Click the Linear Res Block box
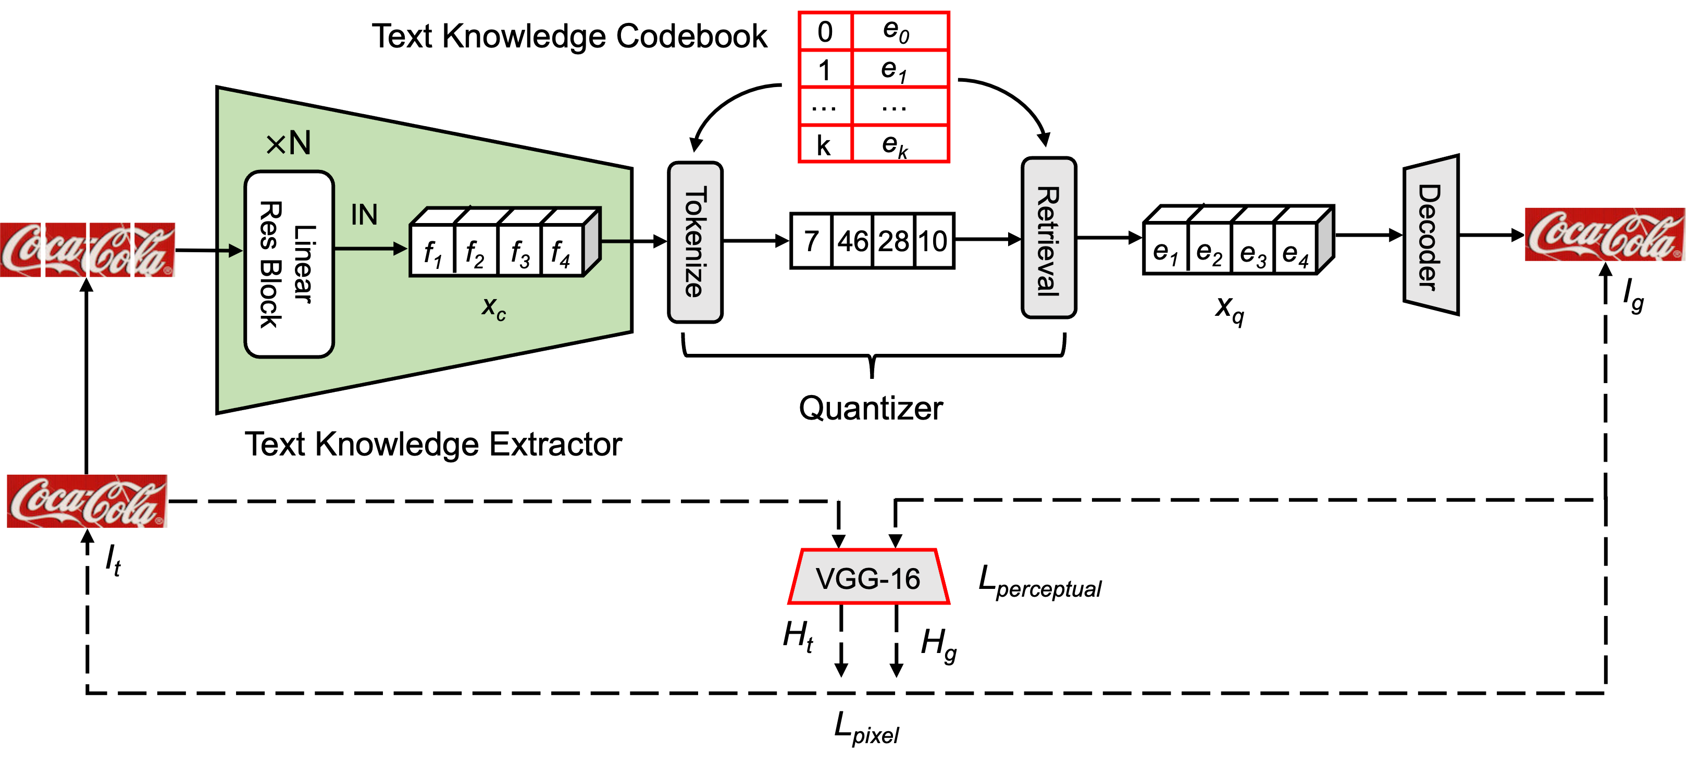pos(289,264)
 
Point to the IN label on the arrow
pos(364,215)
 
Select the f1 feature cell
pos(432,252)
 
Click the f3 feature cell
pos(519,252)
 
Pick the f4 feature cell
pos(561,252)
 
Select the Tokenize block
pos(695,242)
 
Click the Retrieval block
pos(1048,238)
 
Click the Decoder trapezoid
pos(1431,235)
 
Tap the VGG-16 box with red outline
pos(868,578)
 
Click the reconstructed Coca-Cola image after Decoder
pos(1604,235)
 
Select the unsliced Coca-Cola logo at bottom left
pos(87,501)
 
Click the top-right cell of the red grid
pos(900,31)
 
